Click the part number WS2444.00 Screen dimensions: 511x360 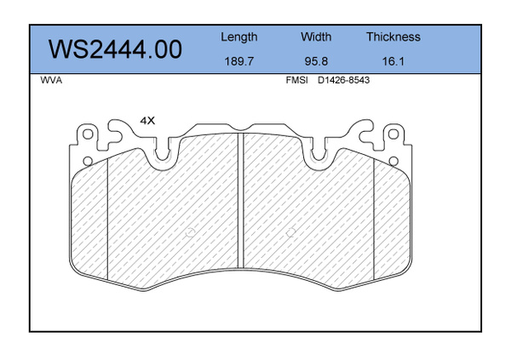[x=115, y=49]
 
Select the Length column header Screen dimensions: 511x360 [x=238, y=37]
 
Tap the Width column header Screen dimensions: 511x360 [x=316, y=37]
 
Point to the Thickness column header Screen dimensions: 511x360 [x=393, y=37]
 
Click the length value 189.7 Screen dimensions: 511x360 [x=238, y=61]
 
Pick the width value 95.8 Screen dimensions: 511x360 [x=316, y=61]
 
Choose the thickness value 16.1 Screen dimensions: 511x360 [x=393, y=61]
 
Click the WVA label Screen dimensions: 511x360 [x=51, y=80]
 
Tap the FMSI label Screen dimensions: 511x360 [x=296, y=80]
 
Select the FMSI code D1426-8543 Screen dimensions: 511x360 [x=343, y=80]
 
